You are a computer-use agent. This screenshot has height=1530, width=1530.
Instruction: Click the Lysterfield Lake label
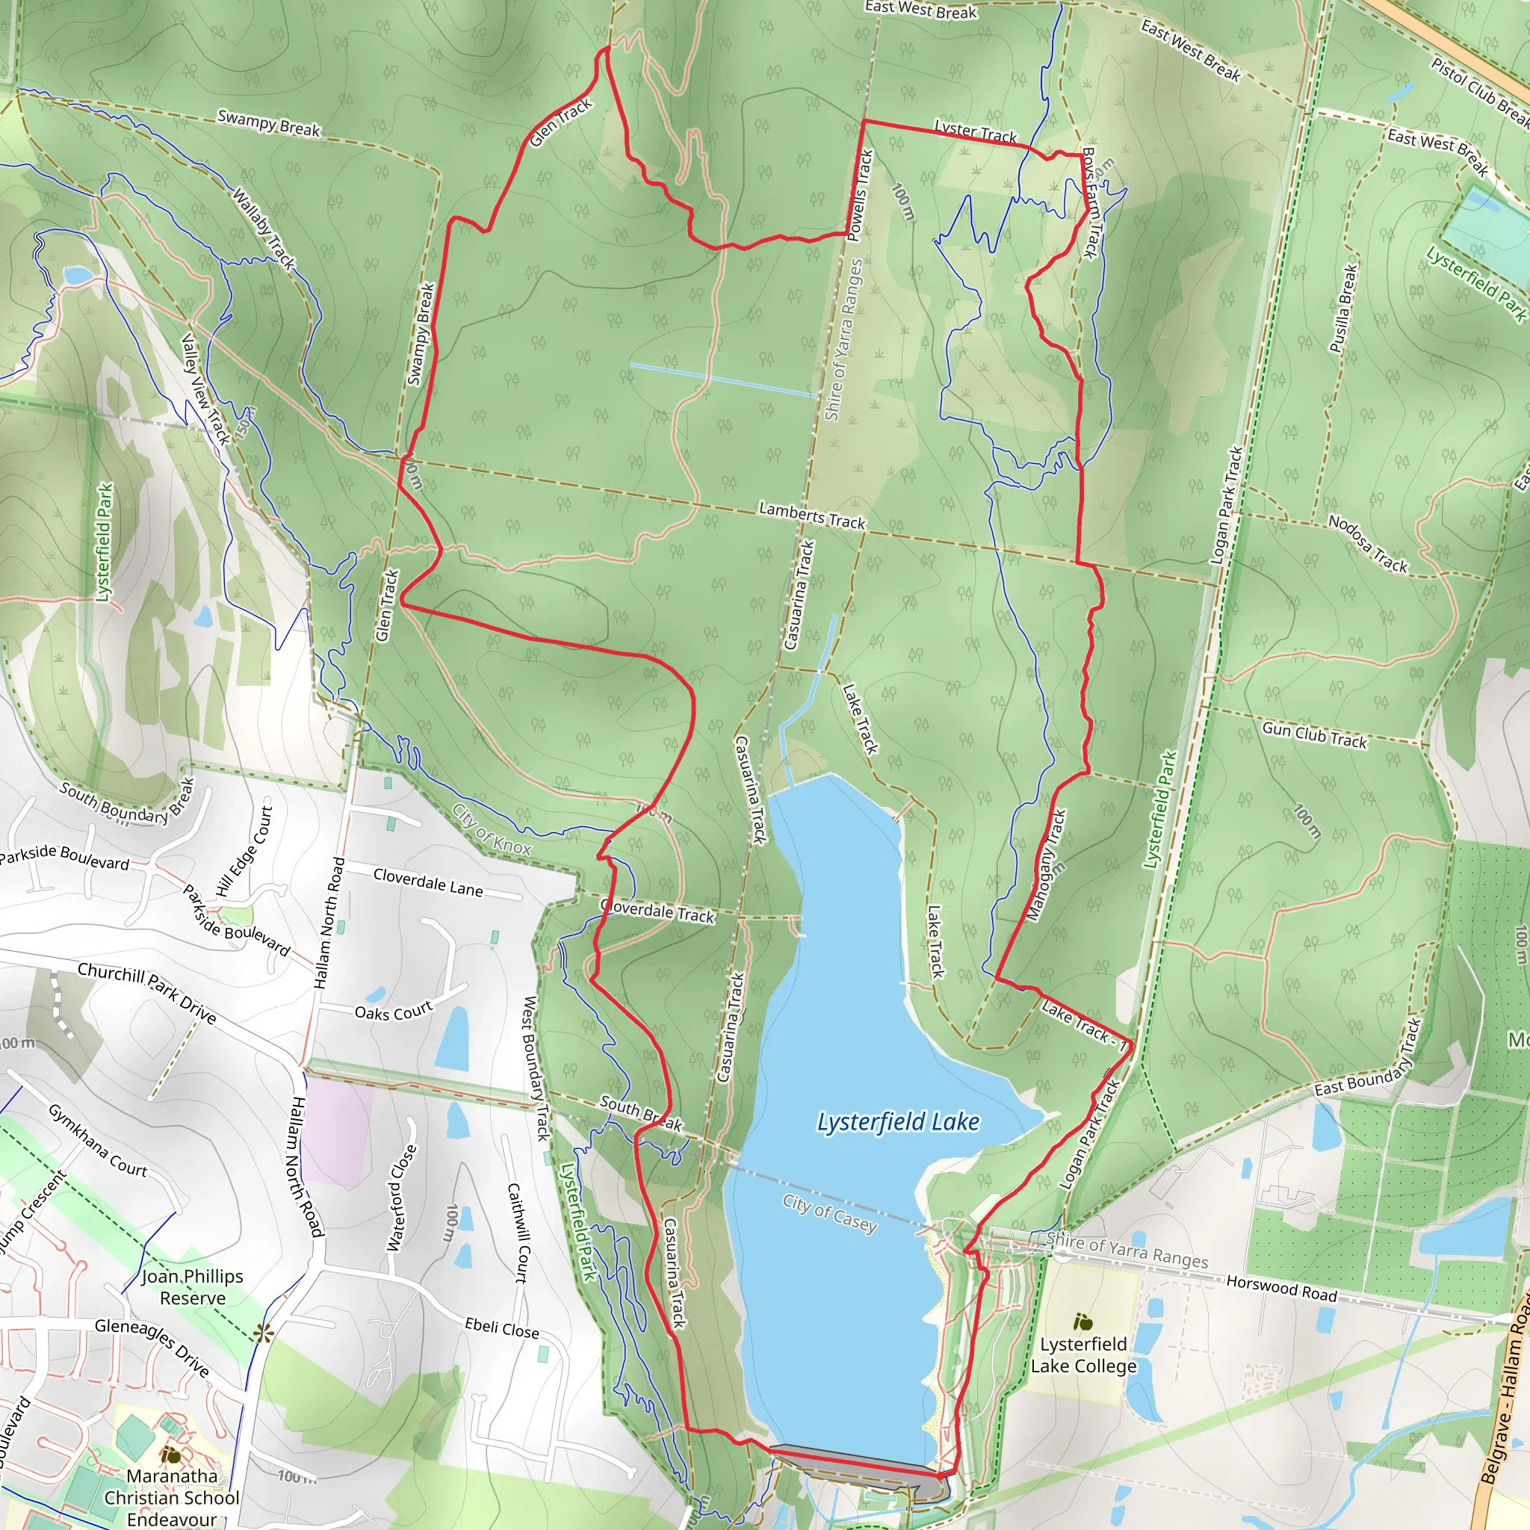898,1122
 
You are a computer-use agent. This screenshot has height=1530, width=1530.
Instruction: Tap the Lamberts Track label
812,515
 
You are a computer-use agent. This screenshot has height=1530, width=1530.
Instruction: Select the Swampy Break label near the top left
268,123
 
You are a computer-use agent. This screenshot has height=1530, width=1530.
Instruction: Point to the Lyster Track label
975,131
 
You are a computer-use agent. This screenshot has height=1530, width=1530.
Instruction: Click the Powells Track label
860,196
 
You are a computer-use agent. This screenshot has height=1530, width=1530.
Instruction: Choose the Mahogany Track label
1046,866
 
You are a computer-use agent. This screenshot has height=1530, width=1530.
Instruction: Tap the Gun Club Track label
1314,734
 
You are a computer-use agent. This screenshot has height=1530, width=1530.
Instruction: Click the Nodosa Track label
1368,543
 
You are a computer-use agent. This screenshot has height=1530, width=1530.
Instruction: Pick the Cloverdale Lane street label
427,882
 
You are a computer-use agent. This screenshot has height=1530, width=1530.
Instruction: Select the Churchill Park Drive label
146,993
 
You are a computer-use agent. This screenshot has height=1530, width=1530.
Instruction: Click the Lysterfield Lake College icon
1083,1321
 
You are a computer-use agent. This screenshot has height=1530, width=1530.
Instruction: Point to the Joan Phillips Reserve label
193,1287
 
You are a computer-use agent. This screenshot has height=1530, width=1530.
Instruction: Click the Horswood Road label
1280,1288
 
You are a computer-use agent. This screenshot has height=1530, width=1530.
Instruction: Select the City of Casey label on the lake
830,1213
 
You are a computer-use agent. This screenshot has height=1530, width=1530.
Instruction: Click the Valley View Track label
205,388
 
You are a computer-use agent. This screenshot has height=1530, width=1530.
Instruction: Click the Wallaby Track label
264,227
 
